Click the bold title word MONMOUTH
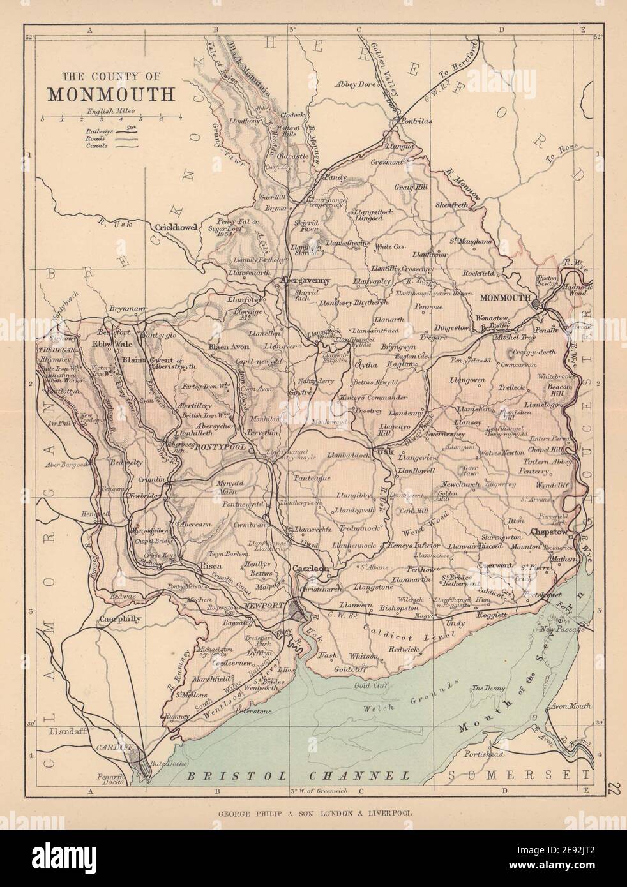[x=110, y=94]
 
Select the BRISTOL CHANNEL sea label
[x=295, y=776]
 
